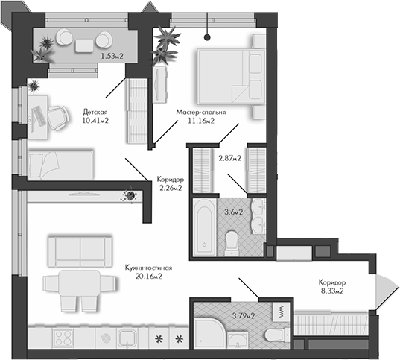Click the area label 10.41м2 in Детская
point(95,120)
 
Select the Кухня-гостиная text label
point(150,267)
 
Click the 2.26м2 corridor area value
point(171,188)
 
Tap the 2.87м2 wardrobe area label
point(229,158)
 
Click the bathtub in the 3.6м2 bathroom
point(203,226)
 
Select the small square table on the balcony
point(83,45)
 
